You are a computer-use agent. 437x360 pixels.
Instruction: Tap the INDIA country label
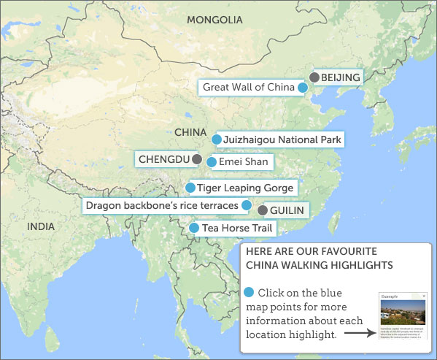(x=40, y=226)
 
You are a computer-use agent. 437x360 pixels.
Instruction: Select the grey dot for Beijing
(x=314, y=77)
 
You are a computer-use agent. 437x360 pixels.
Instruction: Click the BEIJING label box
(x=341, y=77)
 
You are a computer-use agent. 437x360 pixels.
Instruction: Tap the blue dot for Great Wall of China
(x=302, y=88)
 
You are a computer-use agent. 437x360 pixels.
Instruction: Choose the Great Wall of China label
(x=248, y=88)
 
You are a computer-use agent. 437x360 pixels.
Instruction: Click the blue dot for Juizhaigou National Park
(x=217, y=139)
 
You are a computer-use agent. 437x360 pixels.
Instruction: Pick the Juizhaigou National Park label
(x=282, y=139)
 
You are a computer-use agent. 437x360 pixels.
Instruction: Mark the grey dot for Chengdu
(x=196, y=158)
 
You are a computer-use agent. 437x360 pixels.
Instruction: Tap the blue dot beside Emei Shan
(x=212, y=162)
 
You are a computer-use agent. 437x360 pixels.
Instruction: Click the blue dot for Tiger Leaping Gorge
(x=190, y=188)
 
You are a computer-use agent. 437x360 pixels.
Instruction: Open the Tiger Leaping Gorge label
(x=245, y=188)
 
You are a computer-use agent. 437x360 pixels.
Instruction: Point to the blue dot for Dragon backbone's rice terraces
(x=247, y=205)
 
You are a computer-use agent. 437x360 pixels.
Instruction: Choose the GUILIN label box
(x=286, y=210)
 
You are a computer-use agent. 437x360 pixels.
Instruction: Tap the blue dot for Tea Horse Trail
(x=193, y=228)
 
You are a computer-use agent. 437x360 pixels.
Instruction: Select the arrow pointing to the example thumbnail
(x=360, y=334)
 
